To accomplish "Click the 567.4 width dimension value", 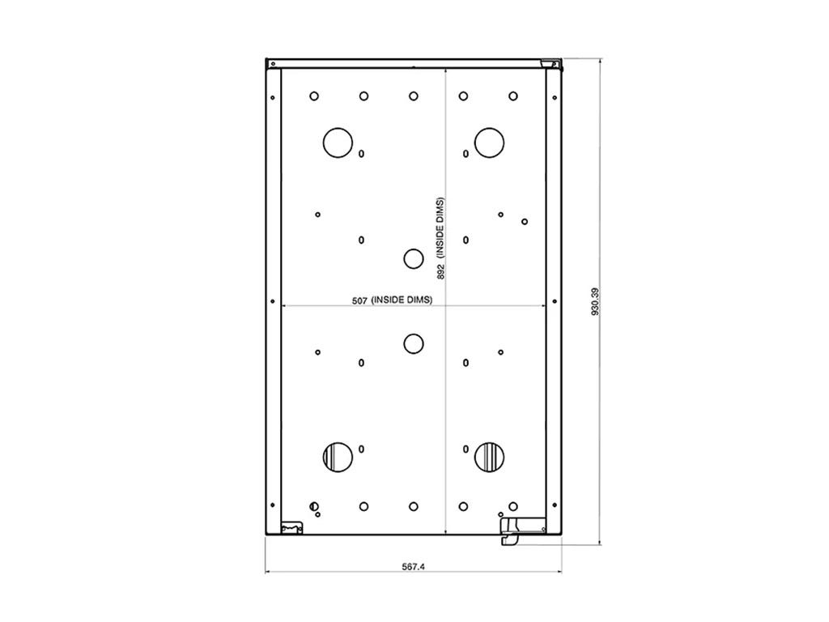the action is click(413, 566).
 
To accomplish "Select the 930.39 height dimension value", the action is click(595, 301).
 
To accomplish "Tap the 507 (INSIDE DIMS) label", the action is click(393, 300).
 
